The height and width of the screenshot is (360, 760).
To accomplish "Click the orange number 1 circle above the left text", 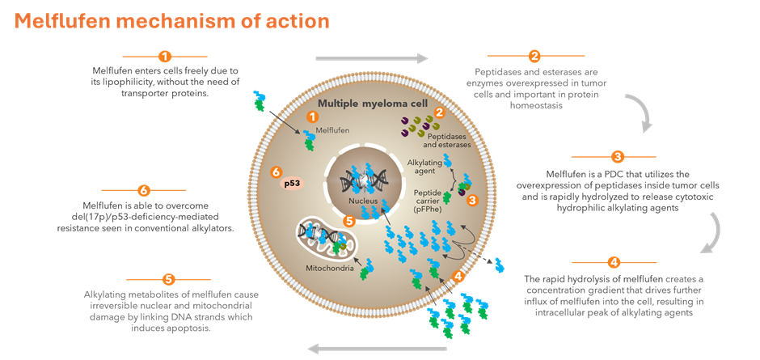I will click(165, 57).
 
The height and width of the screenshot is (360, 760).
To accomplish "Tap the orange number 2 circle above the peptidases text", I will click(534, 57).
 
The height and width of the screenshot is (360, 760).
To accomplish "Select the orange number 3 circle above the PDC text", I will click(617, 157).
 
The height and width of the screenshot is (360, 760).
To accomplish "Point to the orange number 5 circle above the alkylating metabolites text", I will click(168, 279).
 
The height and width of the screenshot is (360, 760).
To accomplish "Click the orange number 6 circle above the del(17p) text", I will click(144, 191).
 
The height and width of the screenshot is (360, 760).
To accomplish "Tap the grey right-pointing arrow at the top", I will click(371, 58).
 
